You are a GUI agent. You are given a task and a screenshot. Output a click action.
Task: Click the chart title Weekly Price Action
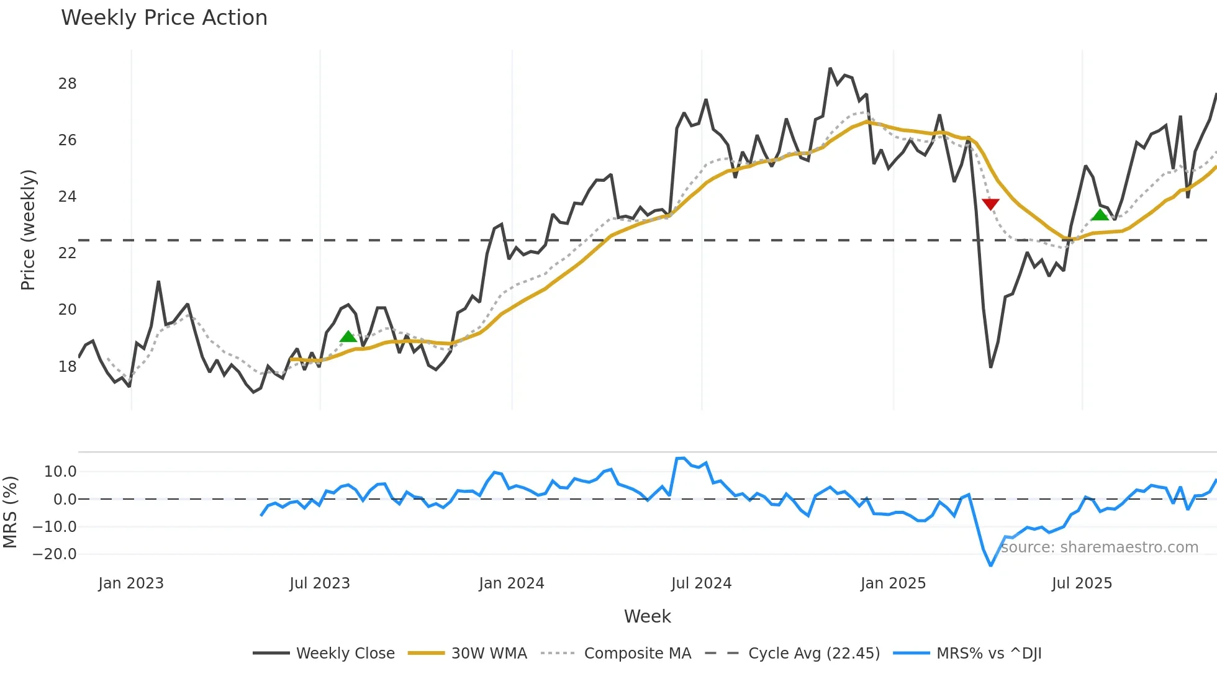pyautogui.click(x=164, y=18)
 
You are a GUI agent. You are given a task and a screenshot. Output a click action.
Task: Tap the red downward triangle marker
pyautogui.click(x=990, y=204)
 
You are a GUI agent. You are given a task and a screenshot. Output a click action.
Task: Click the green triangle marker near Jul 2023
pyautogui.click(x=348, y=336)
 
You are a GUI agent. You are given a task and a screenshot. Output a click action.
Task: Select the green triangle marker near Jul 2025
pyautogui.click(x=1100, y=215)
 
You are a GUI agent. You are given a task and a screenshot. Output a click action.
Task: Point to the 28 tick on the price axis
pyautogui.click(x=67, y=84)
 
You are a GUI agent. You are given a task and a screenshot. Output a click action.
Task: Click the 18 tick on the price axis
pyautogui.click(x=67, y=366)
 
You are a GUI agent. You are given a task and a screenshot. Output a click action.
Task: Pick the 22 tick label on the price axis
pyautogui.click(x=67, y=253)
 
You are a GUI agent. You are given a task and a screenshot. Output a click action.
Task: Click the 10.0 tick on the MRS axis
pyautogui.click(x=60, y=472)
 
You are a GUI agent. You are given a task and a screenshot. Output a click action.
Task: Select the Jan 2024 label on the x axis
pyautogui.click(x=511, y=583)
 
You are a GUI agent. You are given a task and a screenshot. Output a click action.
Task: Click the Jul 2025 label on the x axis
pyautogui.click(x=1082, y=583)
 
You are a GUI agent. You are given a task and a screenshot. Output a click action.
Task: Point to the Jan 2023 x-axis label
pyautogui.click(x=130, y=583)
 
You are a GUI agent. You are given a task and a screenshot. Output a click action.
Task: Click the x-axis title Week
pyautogui.click(x=647, y=616)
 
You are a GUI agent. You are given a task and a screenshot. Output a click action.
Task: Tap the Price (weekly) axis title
pyautogui.click(x=28, y=230)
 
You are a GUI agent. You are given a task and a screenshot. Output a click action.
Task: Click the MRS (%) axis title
pyautogui.click(x=10, y=512)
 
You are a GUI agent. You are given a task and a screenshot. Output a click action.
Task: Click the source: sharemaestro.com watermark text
pyautogui.click(x=1099, y=547)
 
